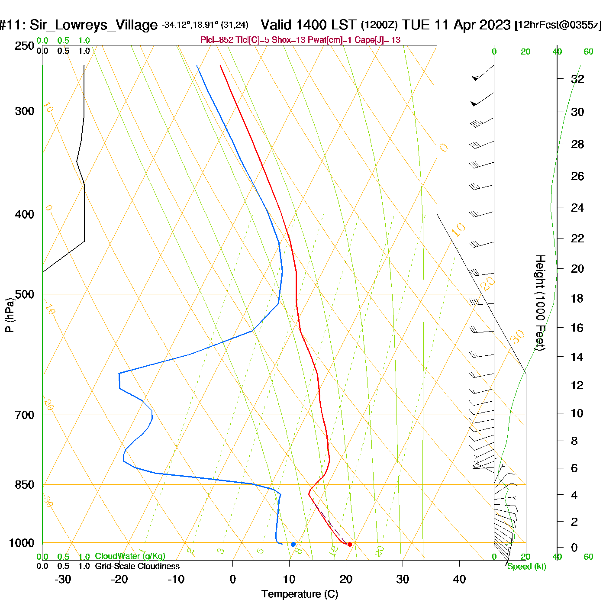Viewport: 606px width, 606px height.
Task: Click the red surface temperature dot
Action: tap(350, 544)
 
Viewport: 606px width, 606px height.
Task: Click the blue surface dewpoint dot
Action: tap(293, 544)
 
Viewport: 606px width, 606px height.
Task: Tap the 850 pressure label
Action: tap(25, 485)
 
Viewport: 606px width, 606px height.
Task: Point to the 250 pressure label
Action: tap(25, 46)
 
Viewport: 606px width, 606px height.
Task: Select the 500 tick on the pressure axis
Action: tap(25, 294)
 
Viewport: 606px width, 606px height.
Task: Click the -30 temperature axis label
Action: tap(63, 580)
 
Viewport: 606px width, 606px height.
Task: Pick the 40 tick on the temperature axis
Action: tap(459, 580)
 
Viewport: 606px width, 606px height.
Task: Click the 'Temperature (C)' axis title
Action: tap(300, 594)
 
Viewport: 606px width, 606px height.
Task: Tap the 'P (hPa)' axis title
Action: tap(9, 315)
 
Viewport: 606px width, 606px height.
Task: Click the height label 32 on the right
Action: tap(577, 79)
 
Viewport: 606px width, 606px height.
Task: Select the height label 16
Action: tap(577, 328)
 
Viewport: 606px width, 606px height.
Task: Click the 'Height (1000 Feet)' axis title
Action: tap(540, 303)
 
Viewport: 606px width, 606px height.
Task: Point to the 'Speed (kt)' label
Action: tap(527, 567)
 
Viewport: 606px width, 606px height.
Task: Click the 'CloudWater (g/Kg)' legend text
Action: tap(130, 556)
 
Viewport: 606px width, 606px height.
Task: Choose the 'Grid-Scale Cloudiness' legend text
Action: tap(137, 566)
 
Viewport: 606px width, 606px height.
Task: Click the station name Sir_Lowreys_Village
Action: tap(93, 25)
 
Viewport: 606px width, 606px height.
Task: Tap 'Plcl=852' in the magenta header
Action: tap(217, 40)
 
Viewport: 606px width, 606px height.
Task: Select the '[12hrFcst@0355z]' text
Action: tap(558, 25)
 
